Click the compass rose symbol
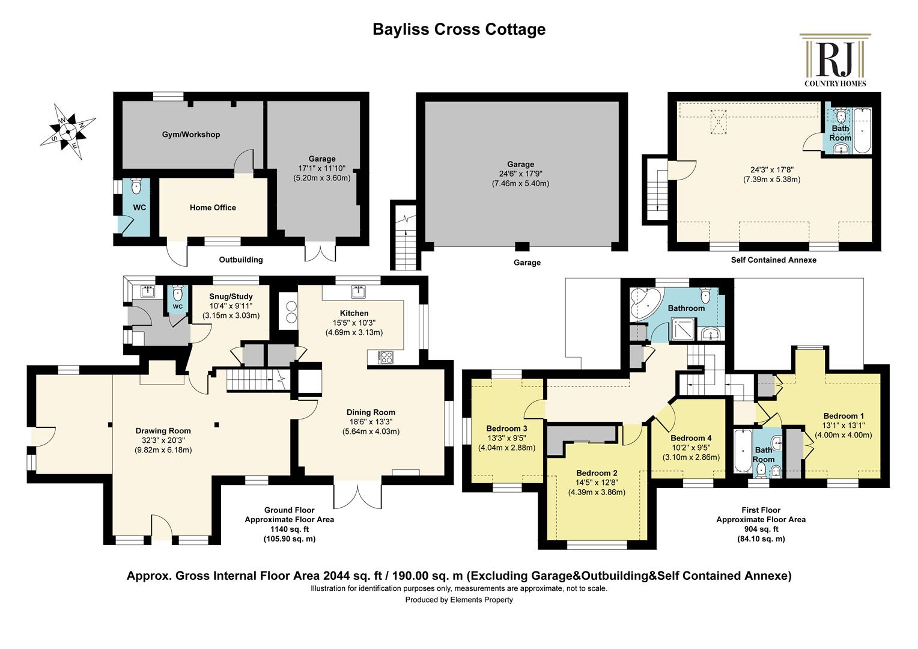point(68,132)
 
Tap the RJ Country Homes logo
point(835,60)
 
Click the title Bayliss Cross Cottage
point(459,29)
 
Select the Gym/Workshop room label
point(191,135)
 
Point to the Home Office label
point(213,207)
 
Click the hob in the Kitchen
point(386,357)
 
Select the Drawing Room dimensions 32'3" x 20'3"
point(163,440)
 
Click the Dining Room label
point(371,412)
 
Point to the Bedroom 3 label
point(506,429)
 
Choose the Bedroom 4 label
point(691,438)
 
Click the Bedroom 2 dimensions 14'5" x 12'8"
point(597,483)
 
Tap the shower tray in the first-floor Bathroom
point(683,331)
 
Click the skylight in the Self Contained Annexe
point(718,122)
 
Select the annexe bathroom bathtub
point(863,130)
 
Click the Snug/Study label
point(231,296)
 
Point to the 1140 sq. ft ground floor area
point(290,529)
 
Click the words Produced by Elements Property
point(459,600)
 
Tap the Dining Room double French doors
point(358,497)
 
